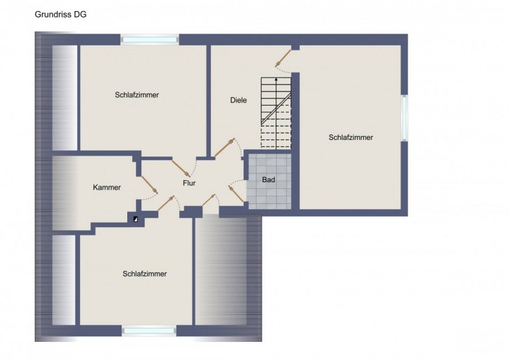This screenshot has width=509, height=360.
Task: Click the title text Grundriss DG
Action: coord(60,14)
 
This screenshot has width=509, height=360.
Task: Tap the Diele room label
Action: coord(238,100)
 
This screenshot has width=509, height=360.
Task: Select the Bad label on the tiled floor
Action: coord(268,180)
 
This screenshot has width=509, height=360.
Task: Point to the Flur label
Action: coord(189,183)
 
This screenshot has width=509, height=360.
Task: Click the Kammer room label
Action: coord(107,187)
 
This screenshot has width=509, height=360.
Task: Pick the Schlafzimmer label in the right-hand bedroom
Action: coord(351,138)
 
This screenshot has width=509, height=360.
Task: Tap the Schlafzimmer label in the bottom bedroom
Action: coord(144,274)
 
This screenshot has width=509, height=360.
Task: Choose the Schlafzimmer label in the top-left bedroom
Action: coord(137,95)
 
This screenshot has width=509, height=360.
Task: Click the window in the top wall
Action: coord(149,40)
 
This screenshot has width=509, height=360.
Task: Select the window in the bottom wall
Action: coord(149,331)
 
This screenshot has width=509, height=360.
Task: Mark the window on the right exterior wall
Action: coord(404,118)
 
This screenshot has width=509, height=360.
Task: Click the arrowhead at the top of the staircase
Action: coord(276,79)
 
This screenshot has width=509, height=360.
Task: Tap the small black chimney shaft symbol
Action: coord(136,219)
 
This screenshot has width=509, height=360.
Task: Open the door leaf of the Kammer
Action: coord(149,185)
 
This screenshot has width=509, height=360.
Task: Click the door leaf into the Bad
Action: coord(237,194)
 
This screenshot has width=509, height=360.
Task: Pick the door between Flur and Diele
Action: coord(225,148)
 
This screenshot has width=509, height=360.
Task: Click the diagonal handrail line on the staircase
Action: coord(276,108)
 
